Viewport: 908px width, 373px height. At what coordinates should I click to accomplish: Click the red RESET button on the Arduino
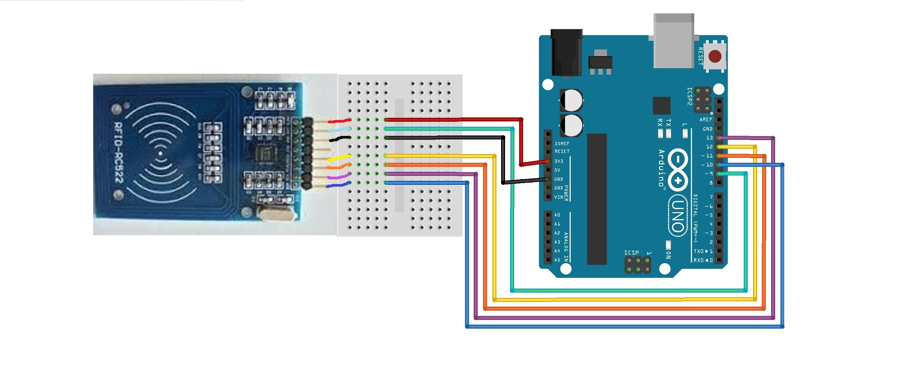715,56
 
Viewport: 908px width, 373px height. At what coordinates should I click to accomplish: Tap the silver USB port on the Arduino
674,41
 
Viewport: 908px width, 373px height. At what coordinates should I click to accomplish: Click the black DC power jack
566,53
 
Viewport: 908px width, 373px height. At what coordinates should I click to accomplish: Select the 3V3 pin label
559,162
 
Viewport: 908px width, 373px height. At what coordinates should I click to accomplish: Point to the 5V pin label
557,170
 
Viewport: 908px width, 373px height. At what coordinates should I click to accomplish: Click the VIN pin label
559,197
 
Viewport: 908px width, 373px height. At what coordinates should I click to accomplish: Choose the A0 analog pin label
557,215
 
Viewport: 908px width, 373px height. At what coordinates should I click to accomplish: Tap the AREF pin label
706,120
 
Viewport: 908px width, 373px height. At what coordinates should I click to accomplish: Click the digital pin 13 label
709,138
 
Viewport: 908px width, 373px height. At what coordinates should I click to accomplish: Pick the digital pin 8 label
711,183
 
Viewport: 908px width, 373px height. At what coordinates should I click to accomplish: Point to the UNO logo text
678,215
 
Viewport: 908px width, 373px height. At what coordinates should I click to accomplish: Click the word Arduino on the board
661,168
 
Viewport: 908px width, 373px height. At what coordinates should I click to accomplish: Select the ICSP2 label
690,96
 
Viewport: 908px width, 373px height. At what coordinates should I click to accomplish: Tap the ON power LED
669,245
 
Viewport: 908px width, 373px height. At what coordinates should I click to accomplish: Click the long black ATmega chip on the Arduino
597,199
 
